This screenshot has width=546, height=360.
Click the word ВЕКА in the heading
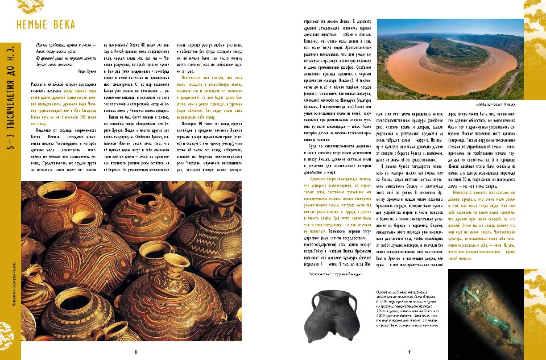[71, 25]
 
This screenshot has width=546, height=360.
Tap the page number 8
[136, 351]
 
